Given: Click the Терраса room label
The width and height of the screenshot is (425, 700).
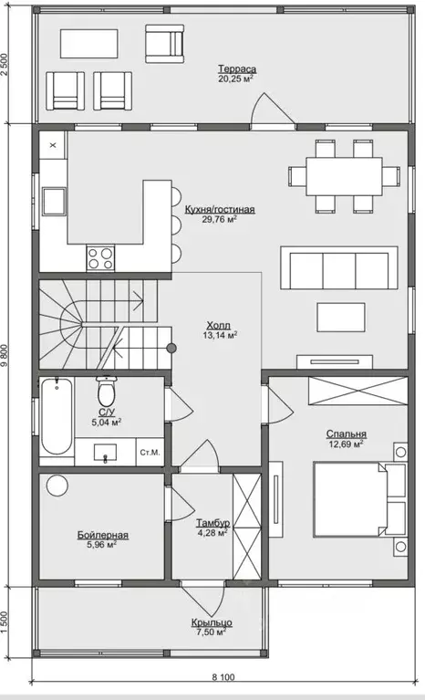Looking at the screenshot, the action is click(237, 69).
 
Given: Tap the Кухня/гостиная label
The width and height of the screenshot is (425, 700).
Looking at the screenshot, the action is click(220, 209).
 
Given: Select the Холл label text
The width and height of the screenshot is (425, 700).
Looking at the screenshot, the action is click(219, 325).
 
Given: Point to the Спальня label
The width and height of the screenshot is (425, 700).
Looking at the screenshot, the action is click(346, 434).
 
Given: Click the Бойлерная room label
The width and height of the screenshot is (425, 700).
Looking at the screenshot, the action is click(102, 535).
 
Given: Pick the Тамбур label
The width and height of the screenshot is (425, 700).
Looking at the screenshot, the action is click(212, 523).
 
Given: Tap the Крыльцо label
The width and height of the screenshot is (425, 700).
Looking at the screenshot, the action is click(212, 622).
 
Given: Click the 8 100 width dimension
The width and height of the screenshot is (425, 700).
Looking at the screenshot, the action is click(223, 677).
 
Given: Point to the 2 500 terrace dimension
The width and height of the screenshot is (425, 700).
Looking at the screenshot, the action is click(5, 65).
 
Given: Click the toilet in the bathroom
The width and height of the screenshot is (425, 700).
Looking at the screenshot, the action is click(106, 391).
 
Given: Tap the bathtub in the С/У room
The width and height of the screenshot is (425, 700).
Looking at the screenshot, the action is click(57, 415).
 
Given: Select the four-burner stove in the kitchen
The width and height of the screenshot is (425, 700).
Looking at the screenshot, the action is click(100, 258).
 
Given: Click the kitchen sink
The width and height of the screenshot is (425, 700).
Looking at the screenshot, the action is click(54, 202).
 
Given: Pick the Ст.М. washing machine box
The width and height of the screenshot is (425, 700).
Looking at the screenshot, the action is click(150, 453).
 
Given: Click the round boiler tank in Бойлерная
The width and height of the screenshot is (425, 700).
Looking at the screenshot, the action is click(57, 486).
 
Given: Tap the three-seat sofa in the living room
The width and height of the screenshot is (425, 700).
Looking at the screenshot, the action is click(339, 268).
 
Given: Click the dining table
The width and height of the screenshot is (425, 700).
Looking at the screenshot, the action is click(344, 176).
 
